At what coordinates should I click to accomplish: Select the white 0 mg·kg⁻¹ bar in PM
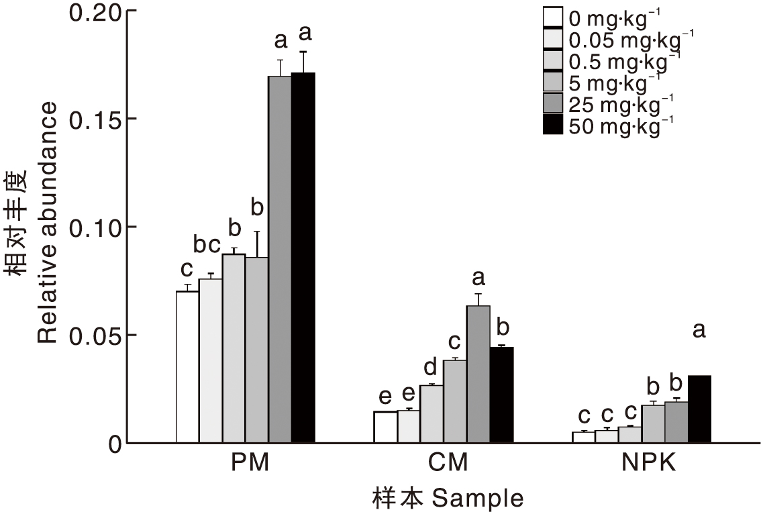187,367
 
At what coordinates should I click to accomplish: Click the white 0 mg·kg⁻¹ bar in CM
385,427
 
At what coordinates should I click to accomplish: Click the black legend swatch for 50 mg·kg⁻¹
552,125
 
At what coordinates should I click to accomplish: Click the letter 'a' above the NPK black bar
699,331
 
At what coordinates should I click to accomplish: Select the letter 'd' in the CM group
431,366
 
